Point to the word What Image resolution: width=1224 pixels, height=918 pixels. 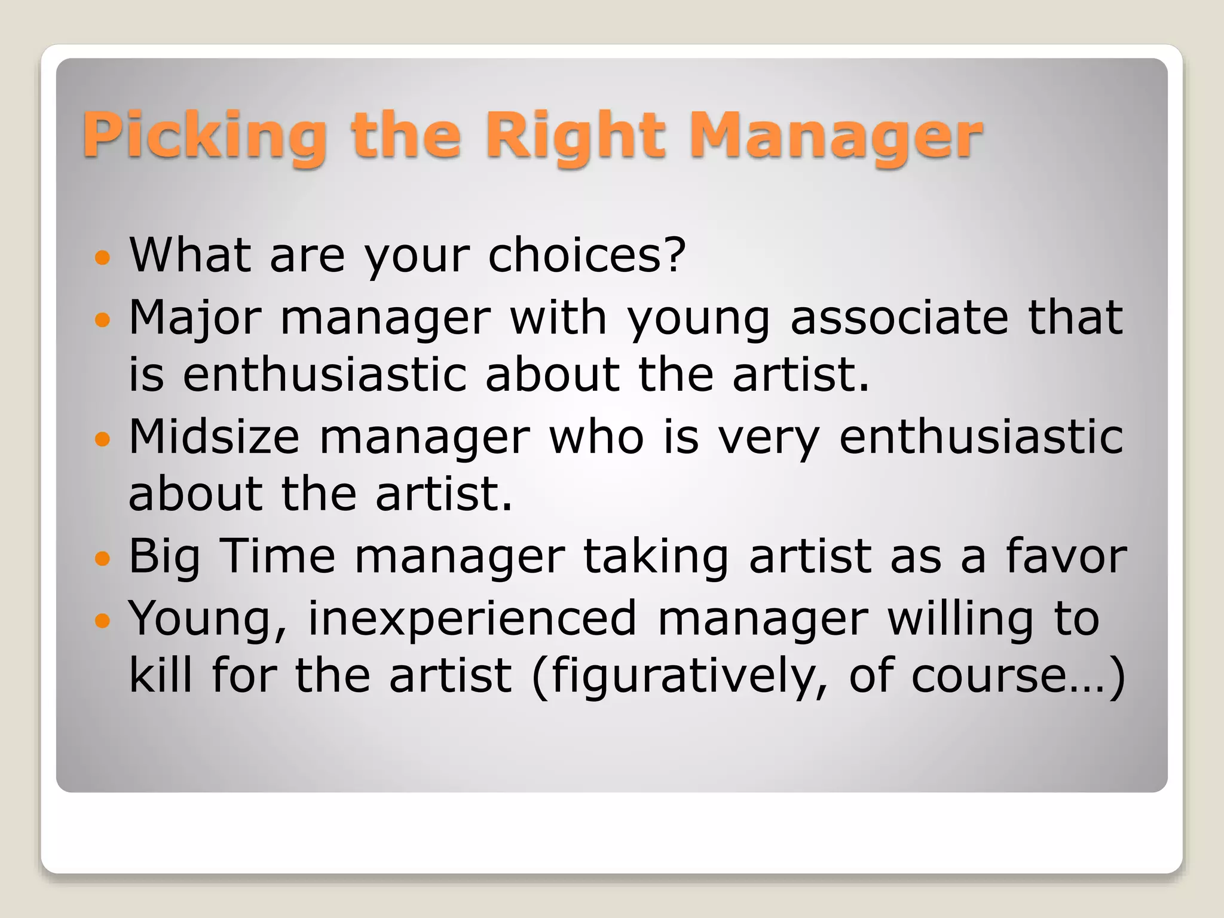[189, 255]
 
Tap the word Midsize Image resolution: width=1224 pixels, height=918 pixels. [214, 437]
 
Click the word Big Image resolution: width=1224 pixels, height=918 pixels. [164, 558]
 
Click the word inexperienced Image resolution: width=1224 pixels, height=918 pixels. [472, 618]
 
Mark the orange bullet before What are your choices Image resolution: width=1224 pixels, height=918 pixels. [103, 258]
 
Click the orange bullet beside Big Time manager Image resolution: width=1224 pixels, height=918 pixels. [103, 559]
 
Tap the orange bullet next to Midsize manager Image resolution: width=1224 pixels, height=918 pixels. [103, 439]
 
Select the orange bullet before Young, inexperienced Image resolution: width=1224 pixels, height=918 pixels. [103, 620]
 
